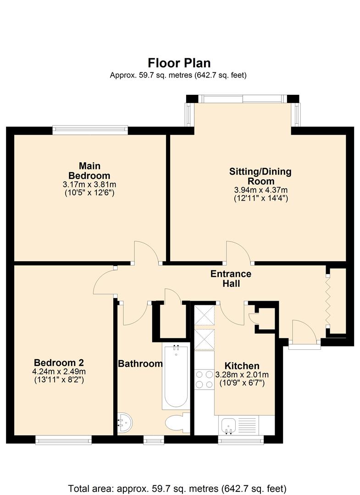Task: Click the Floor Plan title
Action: click(x=179, y=62)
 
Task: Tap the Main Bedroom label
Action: click(x=89, y=170)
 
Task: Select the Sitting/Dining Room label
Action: click(x=260, y=176)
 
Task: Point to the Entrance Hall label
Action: click(x=231, y=279)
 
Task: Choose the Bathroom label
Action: click(x=140, y=364)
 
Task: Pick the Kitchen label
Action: click(x=242, y=366)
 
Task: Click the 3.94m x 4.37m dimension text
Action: click(x=260, y=190)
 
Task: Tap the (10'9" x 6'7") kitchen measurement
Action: click(x=242, y=383)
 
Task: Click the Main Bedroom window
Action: click(x=90, y=130)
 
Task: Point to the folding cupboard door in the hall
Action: click(x=328, y=300)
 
